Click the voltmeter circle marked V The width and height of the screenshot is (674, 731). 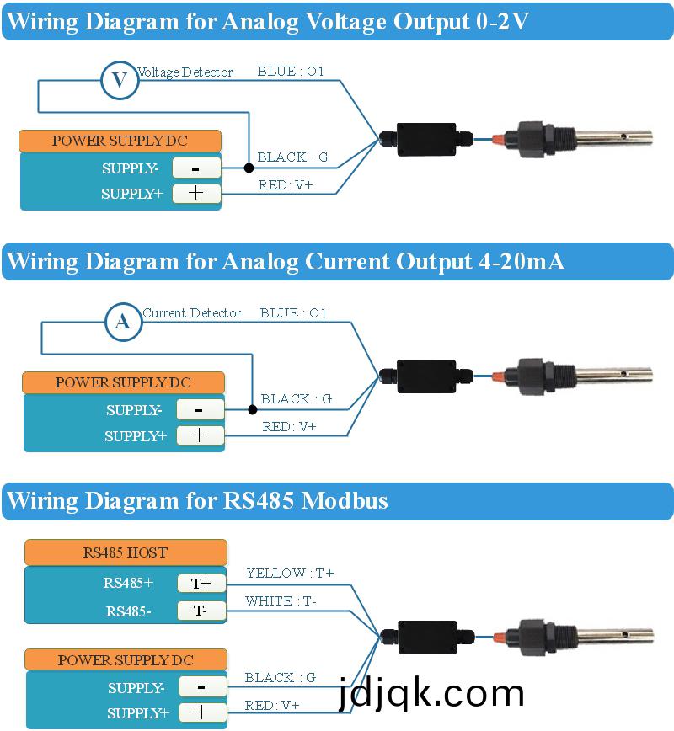tap(120, 80)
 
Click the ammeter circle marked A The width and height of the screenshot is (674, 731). tap(123, 321)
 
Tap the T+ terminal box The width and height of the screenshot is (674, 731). tap(201, 583)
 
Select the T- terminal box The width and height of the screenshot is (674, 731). tap(201, 611)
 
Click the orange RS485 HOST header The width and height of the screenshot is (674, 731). tap(126, 552)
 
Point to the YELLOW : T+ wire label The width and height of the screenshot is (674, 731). tap(290, 574)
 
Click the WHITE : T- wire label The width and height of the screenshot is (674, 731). tap(281, 601)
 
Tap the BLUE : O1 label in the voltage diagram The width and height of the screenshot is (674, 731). tap(291, 72)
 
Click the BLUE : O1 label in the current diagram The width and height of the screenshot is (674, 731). tap(293, 313)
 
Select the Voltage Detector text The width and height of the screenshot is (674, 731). tap(185, 72)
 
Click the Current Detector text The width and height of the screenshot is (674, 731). tap(192, 313)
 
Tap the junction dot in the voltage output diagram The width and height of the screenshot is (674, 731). tap(249, 168)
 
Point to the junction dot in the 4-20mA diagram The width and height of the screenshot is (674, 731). tap(252, 410)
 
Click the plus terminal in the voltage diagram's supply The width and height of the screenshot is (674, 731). tap(195, 194)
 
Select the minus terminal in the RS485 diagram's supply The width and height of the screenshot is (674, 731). tap(202, 686)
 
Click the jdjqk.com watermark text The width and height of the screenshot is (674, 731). tap(431, 694)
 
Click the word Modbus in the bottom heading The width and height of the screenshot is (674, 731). tap(345, 501)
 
